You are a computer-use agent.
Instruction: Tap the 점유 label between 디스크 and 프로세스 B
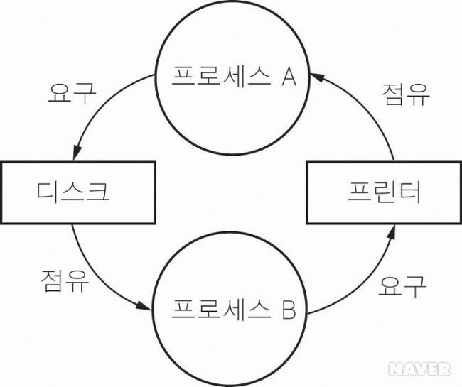(65, 283)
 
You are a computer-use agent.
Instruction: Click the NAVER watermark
(420, 368)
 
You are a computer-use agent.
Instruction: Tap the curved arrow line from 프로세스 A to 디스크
(100, 107)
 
